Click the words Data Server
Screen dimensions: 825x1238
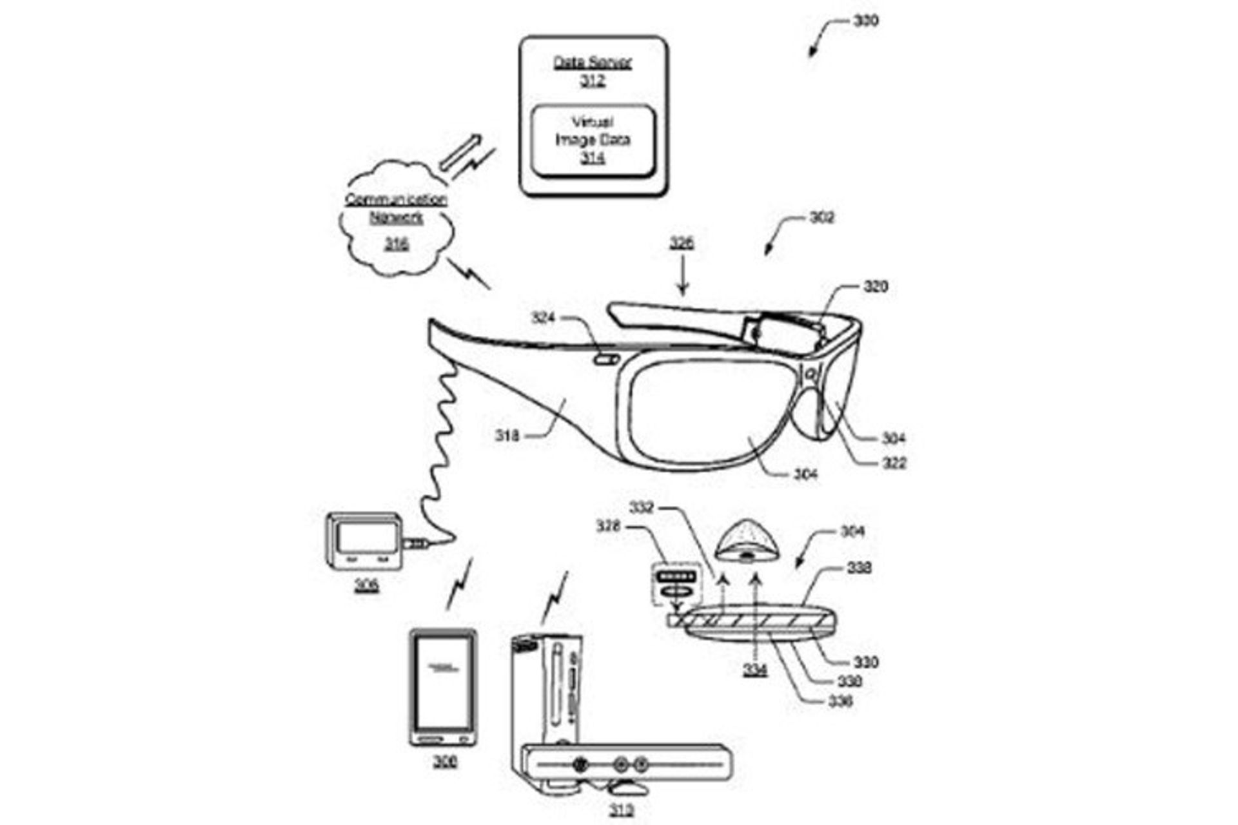593,63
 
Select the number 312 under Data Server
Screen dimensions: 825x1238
593,81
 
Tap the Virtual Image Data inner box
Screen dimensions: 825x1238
593,141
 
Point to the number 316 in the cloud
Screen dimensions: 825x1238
396,244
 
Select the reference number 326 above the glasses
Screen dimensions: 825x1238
682,243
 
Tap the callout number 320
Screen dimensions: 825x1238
875,286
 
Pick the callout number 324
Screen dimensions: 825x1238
543,317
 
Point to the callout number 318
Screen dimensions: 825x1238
507,436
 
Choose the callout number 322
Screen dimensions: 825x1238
894,463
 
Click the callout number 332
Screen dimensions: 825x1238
642,508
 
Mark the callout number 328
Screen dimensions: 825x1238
608,527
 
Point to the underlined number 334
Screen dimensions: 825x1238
755,670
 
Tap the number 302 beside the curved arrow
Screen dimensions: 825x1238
821,218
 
